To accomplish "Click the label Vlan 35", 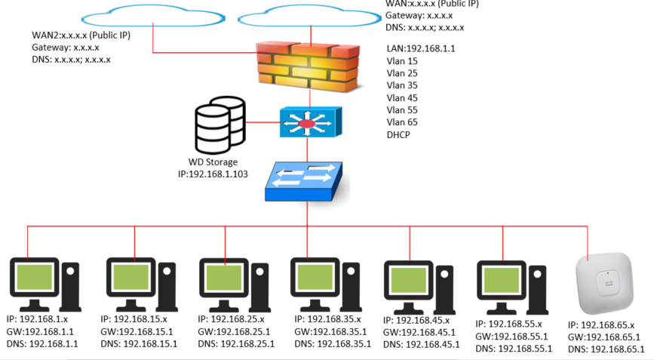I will pos(402,85).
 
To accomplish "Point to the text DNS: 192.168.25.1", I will pos(237,343).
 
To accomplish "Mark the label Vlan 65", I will pos(402,122).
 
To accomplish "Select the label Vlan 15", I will pos(402,61).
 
